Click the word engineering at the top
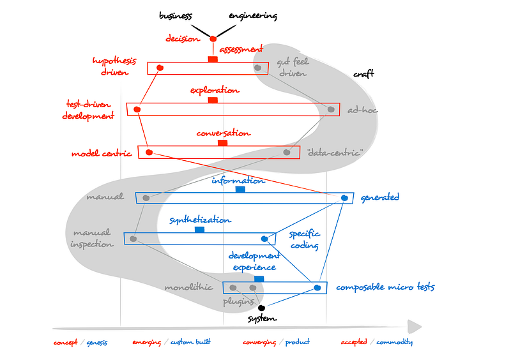click(x=252, y=15)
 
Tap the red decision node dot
click(x=213, y=39)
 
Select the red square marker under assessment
click(x=213, y=59)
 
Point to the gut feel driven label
click(x=292, y=68)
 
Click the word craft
click(x=363, y=74)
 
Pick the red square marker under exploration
click(x=213, y=100)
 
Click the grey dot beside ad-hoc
click(x=331, y=110)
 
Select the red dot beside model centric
click(x=149, y=153)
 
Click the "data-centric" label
click(x=335, y=153)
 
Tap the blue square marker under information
click(x=240, y=190)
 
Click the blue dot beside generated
click(x=344, y=198)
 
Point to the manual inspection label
click(x=91, y=237)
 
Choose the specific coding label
click(x=304, y=239)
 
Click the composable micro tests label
click(x=385, y=287)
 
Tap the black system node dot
click(x=261, y=308)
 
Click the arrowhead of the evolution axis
click(x=415, y=327)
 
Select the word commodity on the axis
click(x=393, y=342)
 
